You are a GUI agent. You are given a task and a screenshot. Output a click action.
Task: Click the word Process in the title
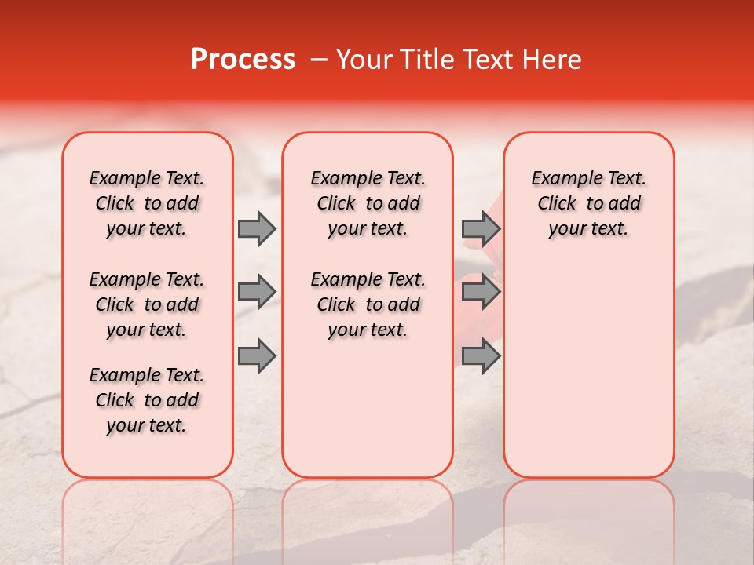coord(243,60)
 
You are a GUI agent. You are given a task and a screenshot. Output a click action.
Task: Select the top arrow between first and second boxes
coord(257,228)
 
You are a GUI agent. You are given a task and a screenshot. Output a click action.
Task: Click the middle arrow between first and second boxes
coord(257,292)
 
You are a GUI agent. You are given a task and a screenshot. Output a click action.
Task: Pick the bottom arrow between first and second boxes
coord(257,355)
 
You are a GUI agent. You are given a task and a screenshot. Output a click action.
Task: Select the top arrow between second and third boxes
coord(481,228)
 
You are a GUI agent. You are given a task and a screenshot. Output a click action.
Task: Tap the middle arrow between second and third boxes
coord(481,292)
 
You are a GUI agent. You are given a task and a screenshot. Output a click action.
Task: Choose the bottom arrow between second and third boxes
coord(481,355)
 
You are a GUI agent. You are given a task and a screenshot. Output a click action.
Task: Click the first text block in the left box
coord(147,203)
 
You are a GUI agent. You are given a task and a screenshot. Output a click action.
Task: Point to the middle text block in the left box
coord(147,304)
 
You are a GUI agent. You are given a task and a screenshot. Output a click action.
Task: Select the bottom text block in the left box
coord(147,400)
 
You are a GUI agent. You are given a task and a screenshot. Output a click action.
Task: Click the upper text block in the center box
coord(368,203)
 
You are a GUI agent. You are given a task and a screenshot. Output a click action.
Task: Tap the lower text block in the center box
coord(368,304)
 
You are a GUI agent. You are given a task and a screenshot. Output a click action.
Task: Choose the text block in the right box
coord(588,203)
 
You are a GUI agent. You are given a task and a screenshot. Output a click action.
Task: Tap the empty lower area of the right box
coord(588,369)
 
